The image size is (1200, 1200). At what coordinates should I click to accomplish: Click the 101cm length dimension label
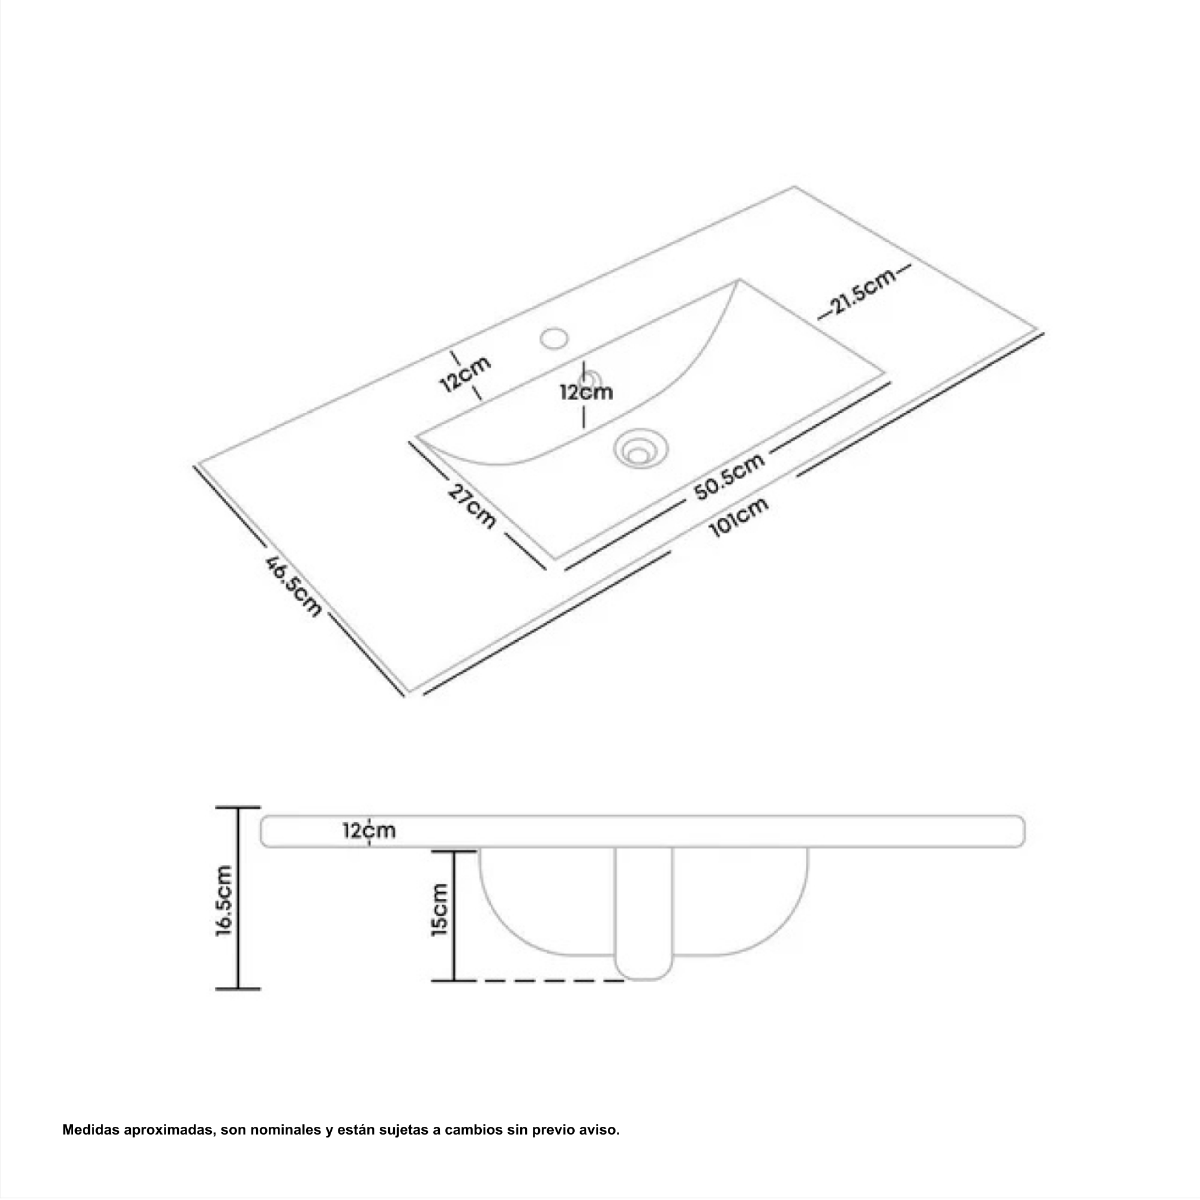(739, 517)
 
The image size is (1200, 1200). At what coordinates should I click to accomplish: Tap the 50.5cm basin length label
(729, 476)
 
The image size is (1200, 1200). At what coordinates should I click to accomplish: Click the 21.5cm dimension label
(864, 292)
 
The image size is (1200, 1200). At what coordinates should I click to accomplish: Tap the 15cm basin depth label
(439, 910)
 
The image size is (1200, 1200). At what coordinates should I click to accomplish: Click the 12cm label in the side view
(369, 830)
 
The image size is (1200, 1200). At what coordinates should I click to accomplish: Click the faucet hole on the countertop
(554, 338)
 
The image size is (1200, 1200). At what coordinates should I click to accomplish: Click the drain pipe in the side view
(643, 914)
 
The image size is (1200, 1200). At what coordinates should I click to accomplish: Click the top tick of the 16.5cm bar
(237, 808)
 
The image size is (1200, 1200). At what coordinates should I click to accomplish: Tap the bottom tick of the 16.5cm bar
(237, 989)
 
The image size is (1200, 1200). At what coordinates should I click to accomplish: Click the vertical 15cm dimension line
(454, 916)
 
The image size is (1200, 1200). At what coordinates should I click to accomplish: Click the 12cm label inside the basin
(586, 392)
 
